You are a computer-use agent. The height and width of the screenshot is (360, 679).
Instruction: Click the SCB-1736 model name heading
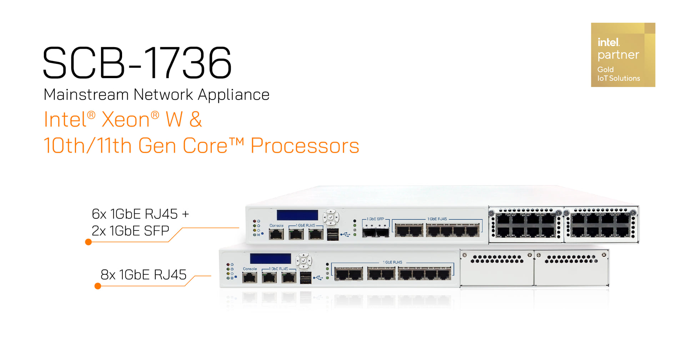pyautogui.click(x=137, y=63)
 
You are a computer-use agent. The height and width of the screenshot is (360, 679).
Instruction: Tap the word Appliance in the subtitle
pyautogui.click(x=233, y=95)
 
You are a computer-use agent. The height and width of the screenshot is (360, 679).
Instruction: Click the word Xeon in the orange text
pyautogui.click(x=125, y=120)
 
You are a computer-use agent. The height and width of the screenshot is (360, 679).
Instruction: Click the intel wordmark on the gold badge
pyautogui.click(x=609, y=42)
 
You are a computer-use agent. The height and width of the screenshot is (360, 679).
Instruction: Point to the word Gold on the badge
pyautogui.click(x=605, y=70)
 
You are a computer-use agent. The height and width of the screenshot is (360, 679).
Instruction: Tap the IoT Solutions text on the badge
pyautogui.click(x=619, y=78)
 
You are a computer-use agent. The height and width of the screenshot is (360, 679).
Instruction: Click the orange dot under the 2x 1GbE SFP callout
pyautogui.click(x=89, y=242)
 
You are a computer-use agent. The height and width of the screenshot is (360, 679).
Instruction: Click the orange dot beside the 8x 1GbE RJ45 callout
pyautogui.click(x=98, y=286)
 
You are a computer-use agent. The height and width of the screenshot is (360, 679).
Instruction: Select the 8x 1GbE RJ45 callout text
pyautogui.click(x=144, y=275)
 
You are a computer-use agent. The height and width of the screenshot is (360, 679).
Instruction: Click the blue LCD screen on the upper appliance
pyautogui.click(x=297, y=215)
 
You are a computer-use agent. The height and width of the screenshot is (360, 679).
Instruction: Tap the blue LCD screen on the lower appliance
pyautogui.click(x=270, y=259)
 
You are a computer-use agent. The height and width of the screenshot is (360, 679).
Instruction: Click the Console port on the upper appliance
pyautogui.click(x=276, y=234)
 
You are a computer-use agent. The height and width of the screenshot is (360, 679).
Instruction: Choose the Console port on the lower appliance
pyautogui.click(x=250, y=278)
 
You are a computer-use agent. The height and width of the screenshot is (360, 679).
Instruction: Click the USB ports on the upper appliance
pyautogui.click(x=333, y=234)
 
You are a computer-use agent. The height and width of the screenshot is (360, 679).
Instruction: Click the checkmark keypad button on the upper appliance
pyautogui.click(x=331, y=217)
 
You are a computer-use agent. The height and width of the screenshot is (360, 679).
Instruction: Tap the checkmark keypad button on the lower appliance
pyautogui.click(x=303, y=261)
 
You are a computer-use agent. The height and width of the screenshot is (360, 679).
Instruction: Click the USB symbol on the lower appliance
pyautogui.click(x=318, y=278)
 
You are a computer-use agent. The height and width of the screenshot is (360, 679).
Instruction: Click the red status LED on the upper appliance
pyautogui.click(x=254, y=221)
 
